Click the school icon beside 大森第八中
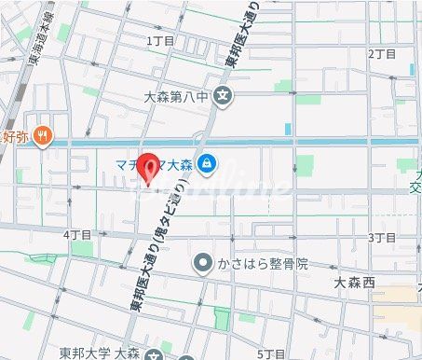point(222,94)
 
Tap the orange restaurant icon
point(41,136)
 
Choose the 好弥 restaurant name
point(15,136)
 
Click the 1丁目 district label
point(161,41)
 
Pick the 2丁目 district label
point(382,54)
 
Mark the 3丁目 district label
point(382,238)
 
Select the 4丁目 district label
point(77,234)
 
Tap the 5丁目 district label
point(271,353)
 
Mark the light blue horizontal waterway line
point(279,142)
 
